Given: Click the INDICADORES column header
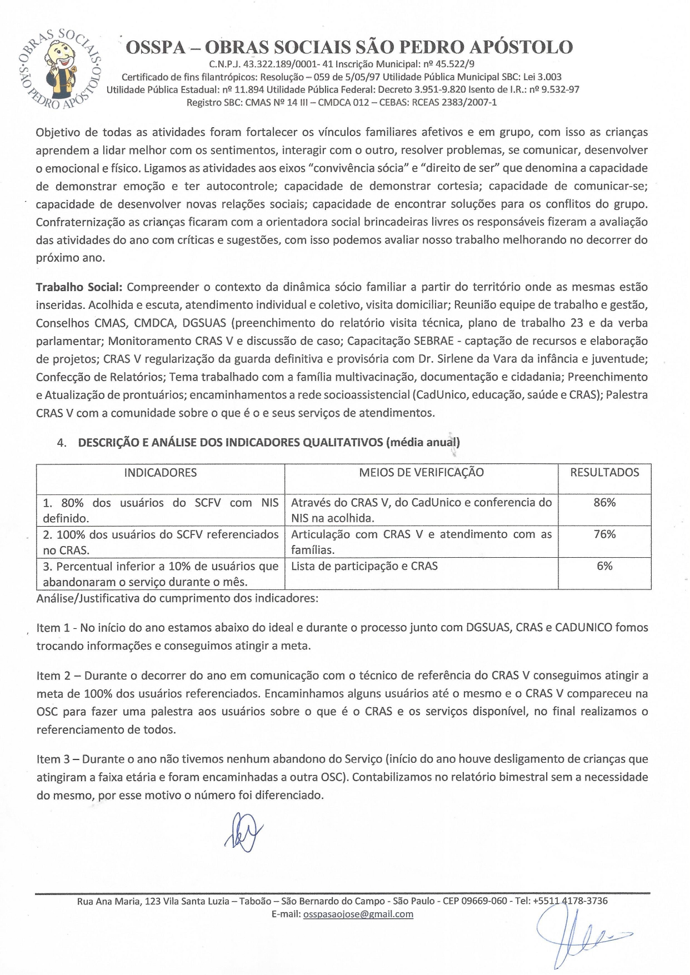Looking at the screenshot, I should pos(160,473).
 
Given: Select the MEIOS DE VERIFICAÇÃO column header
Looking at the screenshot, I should pos(421,473).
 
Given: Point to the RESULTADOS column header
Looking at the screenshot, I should pos(604,473).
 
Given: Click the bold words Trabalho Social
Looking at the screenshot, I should pos(78,287).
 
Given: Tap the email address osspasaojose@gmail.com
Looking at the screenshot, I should pos(358,914).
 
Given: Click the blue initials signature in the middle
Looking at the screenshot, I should pos(243,832).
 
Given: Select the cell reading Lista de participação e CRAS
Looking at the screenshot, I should pos(364,566).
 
